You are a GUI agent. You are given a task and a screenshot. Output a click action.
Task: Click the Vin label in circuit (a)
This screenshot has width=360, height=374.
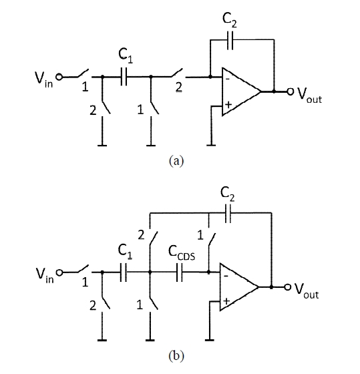(x=43, y=79)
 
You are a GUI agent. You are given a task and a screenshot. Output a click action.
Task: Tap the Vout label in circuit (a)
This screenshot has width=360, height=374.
(x=309, y=95)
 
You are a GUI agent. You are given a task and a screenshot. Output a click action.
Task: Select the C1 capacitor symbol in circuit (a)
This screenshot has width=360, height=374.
(x=124, y=77)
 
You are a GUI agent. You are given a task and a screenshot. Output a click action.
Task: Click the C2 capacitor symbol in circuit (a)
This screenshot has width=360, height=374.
(x=230, y=40)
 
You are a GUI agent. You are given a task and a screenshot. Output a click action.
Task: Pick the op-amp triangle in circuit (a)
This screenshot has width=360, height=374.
(x=241, y=91)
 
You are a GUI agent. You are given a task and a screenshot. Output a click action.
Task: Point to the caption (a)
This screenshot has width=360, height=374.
(x=176, y=161)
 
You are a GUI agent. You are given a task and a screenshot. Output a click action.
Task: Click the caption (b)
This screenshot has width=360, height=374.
(x=176, y=356)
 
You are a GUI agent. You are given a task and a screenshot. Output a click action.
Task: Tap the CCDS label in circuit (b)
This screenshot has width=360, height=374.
(x=182, y=253)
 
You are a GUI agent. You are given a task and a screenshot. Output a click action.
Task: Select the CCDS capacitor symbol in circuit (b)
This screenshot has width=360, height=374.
(x=180, y=272)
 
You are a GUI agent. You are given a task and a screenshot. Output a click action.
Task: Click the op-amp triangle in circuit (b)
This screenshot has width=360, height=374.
(x=239, y=287)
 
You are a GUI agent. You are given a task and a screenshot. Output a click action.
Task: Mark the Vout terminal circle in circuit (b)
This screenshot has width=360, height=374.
(x=288, y=287)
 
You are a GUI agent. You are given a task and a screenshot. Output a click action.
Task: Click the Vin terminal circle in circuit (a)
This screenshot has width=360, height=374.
(x=59, y=77)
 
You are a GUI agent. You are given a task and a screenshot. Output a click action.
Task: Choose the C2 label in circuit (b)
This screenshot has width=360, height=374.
(x=227, y=194)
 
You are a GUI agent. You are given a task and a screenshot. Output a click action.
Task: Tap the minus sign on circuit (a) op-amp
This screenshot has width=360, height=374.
(x=228, y=79)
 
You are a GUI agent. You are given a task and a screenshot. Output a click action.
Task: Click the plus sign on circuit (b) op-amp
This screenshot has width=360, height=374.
(x=226, y=301)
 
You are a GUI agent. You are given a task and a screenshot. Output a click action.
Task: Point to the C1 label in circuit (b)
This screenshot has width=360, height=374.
(x=125, y=252)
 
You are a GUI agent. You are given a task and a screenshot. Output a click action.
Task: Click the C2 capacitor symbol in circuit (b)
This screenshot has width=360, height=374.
(x=228, y=213)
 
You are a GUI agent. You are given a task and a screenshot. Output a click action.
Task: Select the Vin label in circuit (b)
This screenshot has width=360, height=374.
(x=45, y=275)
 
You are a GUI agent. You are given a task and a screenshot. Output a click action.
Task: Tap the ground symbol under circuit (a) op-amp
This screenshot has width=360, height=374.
(x=211, y=145)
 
